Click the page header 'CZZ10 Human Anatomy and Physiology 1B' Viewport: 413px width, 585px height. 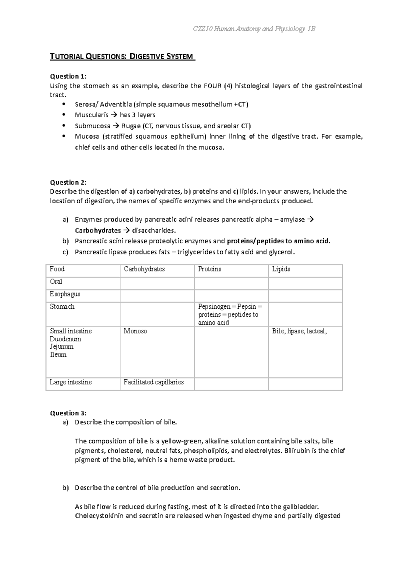[254, 29]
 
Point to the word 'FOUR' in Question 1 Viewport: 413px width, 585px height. [213, 86]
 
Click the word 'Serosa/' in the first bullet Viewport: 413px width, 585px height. [86, 104]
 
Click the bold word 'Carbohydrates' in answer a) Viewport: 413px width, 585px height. [98, 230]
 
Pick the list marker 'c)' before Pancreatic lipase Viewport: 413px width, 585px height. [65, 252]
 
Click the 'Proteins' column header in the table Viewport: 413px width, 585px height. [210, 269]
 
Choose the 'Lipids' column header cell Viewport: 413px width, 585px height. [281, 269]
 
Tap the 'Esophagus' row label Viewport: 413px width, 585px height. [65, 294]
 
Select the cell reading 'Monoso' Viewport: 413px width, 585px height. [135, 331]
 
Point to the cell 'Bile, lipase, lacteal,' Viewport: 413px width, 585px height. [299, 331]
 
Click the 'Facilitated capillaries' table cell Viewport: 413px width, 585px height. [153, 382]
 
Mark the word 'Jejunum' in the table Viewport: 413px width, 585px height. [62, 347]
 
